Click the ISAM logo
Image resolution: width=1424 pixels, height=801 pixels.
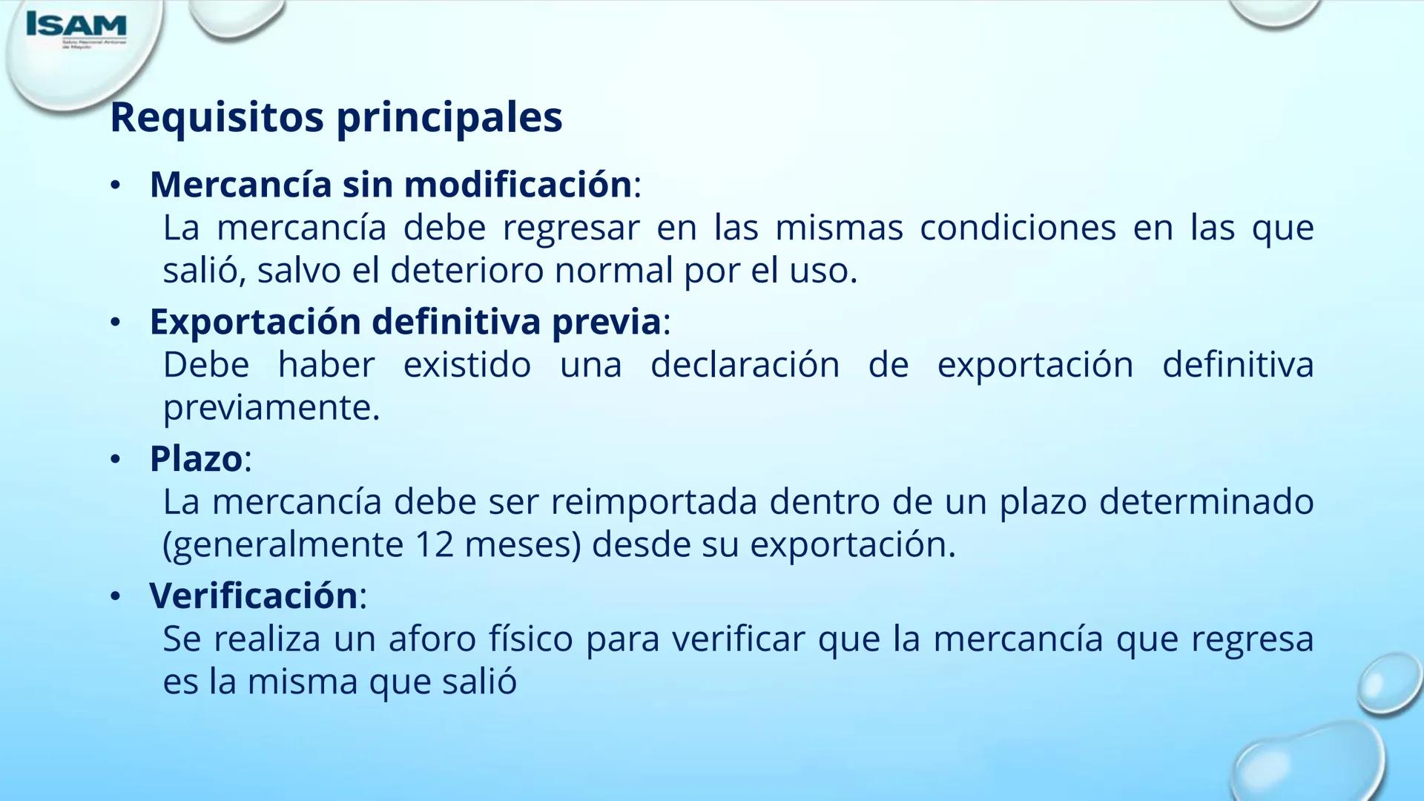click(76, 27)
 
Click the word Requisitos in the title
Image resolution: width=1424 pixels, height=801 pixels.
click(216, 116)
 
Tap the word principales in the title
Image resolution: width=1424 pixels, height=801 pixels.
click(449, 118)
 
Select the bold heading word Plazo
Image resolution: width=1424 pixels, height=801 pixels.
click(196, 459)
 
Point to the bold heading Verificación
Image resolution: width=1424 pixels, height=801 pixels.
click(254, 596)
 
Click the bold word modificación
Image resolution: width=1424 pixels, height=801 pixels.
click(487, 185)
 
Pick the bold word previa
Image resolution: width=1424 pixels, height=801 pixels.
click(606, 322)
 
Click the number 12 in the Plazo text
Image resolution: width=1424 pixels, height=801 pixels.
click(434, 545)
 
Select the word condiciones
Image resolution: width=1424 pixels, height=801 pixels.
click(1018, 228)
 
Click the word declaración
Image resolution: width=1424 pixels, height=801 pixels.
click(745, 365)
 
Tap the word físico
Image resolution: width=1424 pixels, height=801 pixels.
click(530, 639)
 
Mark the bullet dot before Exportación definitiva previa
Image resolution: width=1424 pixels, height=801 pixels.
click(115, 323)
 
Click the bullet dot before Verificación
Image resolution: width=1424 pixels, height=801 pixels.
click(115, 597)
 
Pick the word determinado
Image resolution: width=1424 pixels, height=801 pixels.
click(1206, 502)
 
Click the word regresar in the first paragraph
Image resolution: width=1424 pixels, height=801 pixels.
click(570, 228)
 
